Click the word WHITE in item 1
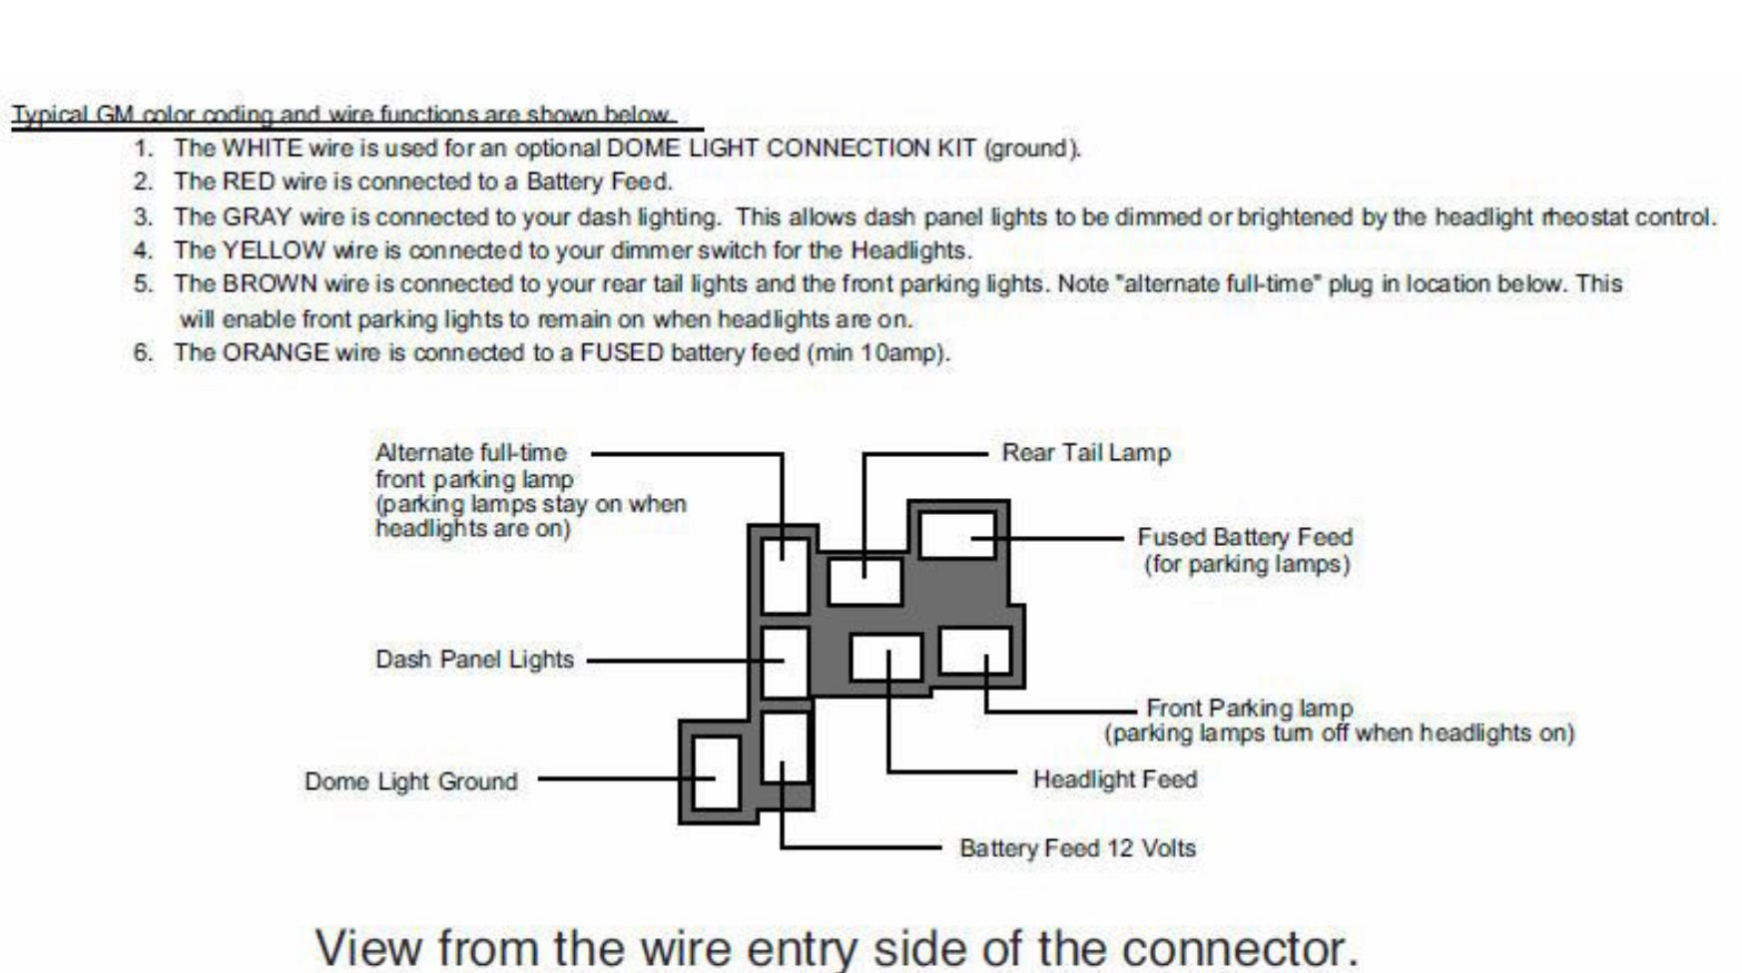262,149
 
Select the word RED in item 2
248,182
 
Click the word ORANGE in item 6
276,353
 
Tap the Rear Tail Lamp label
1085,453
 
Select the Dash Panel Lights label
474,660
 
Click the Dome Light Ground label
410,781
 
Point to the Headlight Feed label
1114,779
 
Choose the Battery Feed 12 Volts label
1077,848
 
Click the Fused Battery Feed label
1245,537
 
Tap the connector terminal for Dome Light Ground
715,772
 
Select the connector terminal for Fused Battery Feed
957,535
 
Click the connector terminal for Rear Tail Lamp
865,580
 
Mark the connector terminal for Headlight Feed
885,658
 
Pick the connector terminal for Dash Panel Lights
784,662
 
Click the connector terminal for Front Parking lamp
975,650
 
